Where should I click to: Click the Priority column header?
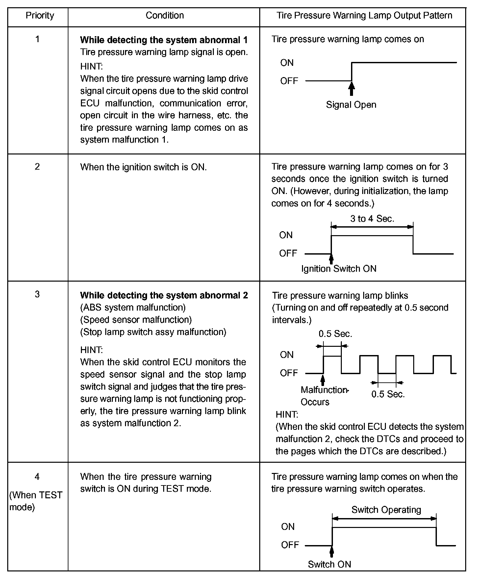[40, 15]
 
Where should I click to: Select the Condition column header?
[164, 15]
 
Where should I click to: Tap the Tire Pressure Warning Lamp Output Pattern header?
[364, 15]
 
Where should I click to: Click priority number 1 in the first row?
[38, 39]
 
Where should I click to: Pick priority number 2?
[38, 167]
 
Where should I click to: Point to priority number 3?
[38, 294]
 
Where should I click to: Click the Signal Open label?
[351, 105]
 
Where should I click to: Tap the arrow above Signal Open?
[352, 88]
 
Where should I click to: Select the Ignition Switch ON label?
[339, 269]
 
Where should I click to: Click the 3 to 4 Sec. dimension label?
[372, 219]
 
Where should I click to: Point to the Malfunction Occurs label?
[324, 396]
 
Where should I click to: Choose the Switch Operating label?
[386, 510]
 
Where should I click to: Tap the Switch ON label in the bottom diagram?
[329, 564]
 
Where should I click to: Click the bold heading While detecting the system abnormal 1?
[164, 40]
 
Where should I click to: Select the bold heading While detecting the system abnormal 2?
[164, 295]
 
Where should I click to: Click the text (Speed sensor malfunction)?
[136, 320]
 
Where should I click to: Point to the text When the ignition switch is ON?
[143, 167]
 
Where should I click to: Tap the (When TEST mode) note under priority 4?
[36, 501]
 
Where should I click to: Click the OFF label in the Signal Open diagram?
[289, 81]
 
